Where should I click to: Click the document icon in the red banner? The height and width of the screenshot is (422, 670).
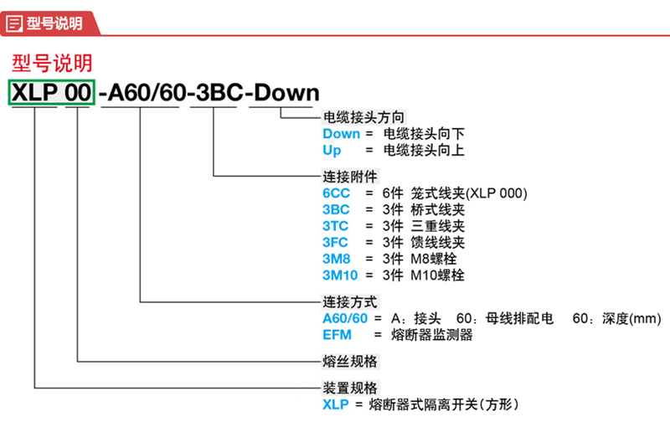click(x=14, y=23)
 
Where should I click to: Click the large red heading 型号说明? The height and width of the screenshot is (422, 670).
click(x=52, y=63)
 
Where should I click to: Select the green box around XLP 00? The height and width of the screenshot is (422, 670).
click(x=51, y=92)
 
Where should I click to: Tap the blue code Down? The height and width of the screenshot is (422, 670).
click(x=341, y=134)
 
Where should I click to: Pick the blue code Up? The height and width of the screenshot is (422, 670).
click(x=332, y=151)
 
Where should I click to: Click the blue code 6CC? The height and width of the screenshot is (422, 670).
click(x=336, y=193)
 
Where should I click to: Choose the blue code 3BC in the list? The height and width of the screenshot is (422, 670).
click(x=336, y=209)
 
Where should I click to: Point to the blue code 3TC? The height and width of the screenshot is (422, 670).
click(x=336, y=226)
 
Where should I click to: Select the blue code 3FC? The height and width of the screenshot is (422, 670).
click(x=336, y=242)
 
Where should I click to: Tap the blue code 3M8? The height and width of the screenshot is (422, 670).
click(x=337, y=259)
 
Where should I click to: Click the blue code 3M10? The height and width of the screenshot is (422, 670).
click(x=340, y=275)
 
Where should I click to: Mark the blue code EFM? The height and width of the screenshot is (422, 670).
click(x=338, y=334)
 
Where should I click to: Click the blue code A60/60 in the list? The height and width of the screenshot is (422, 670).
click(x=345, y=318)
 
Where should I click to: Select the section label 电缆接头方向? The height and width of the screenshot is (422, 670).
click(x=363, y=117)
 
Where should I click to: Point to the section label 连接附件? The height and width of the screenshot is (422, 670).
click(x=350, y=177)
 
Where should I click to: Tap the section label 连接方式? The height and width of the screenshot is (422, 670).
click(x=350, y=302)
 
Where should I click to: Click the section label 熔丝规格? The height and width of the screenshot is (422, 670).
click(x=350, y=362)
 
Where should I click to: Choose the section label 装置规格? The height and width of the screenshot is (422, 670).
click(x=350, y=388)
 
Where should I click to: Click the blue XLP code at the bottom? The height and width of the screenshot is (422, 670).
click(x=336, y=404)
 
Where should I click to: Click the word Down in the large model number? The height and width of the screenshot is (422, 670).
click(x=286, y=93)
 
